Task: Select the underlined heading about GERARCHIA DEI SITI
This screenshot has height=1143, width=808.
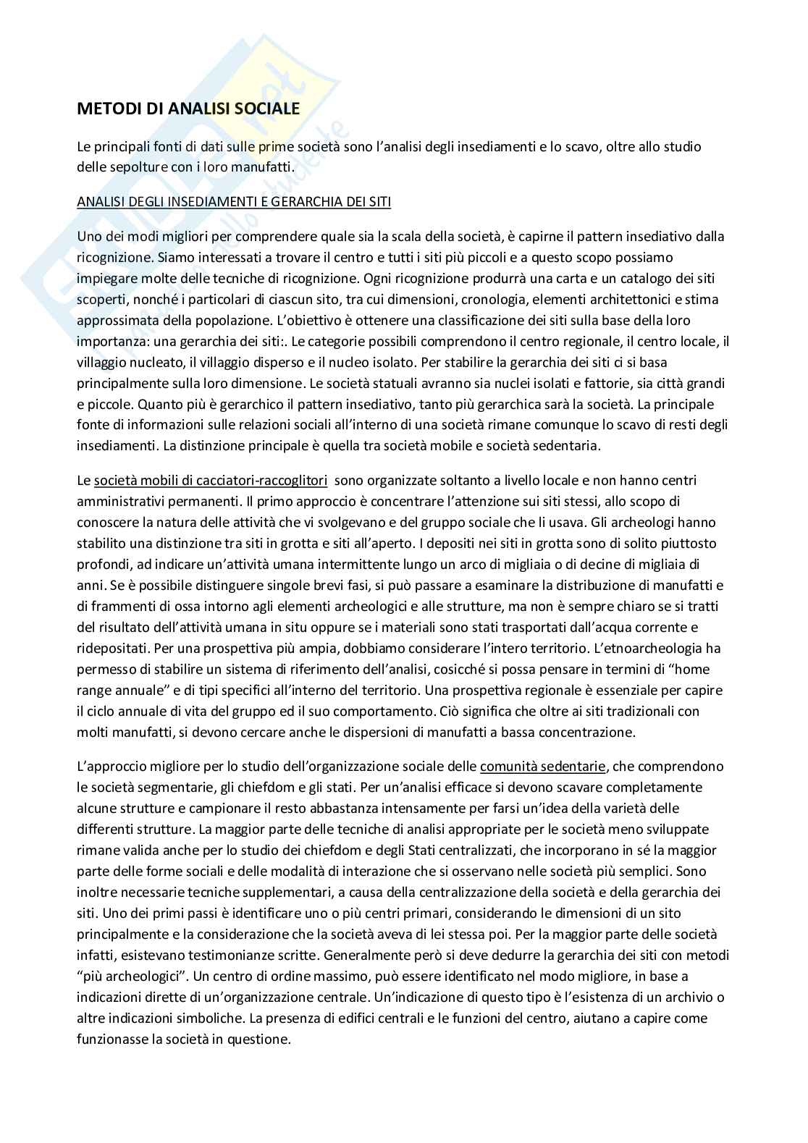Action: pos(234,202)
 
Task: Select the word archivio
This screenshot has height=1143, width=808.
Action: pos(686,997)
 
